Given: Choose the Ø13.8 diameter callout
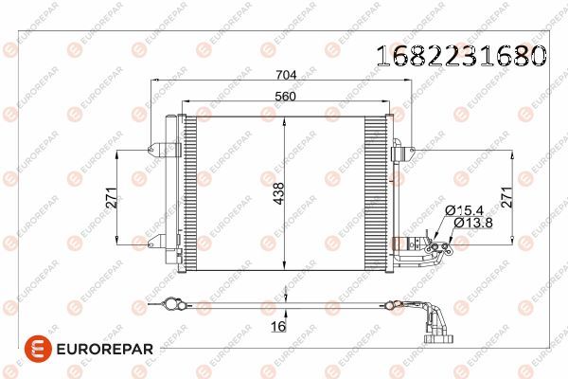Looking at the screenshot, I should pos(470,222).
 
